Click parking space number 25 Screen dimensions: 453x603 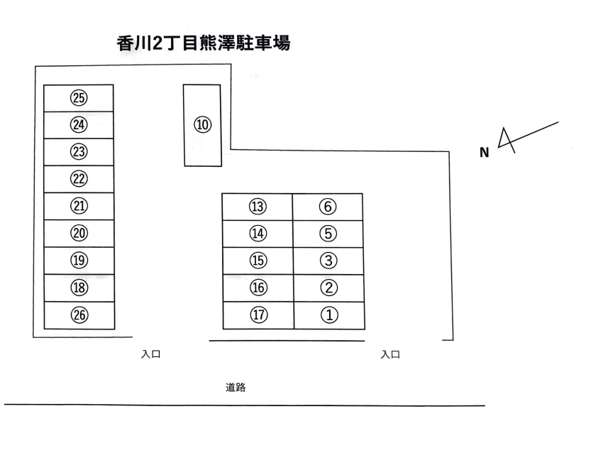(x=79, y=98)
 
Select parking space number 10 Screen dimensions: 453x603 (x=203, y=125)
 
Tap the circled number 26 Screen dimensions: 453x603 (x=79, y=315)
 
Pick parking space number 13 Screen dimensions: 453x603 (x=258, y=207)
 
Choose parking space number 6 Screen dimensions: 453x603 (x=327, y=207)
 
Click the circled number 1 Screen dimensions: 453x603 (x=328, y=315)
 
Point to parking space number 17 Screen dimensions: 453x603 (x=258, y=315)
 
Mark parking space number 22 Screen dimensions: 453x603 (x=79, y=179)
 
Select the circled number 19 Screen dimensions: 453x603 (x=79, y=261)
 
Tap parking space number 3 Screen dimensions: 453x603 (x=327, y=261)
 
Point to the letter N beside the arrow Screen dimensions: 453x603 (x=485, y=152)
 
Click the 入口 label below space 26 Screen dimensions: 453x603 (x=151, y=354)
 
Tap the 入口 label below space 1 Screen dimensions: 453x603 (x=390, y=354)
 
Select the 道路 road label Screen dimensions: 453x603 (x=236, y=388)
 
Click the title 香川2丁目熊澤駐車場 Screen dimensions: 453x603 (x=204, y=43)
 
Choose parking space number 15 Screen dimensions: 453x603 (x=258, y=261)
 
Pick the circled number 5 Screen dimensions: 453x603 (x=327, y=233)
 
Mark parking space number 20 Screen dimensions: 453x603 (x=79, y=233)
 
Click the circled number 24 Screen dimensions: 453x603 (x=79, y=125)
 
